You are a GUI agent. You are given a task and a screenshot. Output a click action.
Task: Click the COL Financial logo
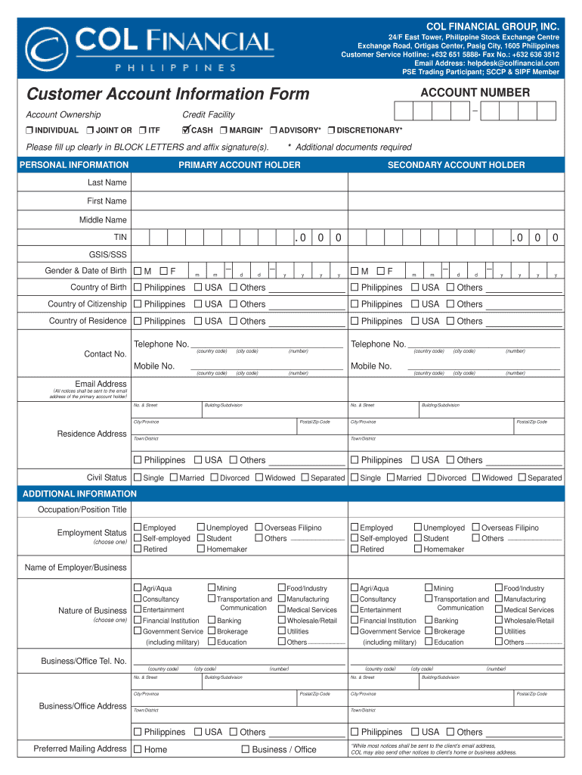pos(149,47)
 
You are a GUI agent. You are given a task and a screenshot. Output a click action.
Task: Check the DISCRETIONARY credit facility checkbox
pos(332,130)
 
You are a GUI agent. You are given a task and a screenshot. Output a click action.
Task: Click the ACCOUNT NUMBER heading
pos(475,93)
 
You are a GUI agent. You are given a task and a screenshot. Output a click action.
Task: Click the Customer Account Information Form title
pos(168,94)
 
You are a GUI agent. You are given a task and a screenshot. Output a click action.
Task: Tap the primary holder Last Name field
pos(239,183)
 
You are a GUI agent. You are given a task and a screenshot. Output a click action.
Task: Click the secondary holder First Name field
pos(456,201)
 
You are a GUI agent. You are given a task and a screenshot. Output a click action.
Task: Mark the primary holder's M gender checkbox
pos(138,271)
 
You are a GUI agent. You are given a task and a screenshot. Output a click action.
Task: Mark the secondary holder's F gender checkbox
pos(380,271)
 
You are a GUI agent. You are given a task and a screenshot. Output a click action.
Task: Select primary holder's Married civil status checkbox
pos(174,478)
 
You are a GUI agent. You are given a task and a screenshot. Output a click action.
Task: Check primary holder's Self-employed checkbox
pos(138,538)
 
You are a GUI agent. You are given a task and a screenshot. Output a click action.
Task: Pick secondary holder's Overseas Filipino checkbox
pos(475,527)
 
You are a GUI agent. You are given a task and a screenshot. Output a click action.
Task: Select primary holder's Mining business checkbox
pos(212,587)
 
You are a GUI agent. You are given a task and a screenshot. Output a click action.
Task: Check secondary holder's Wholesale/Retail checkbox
pos(499,620)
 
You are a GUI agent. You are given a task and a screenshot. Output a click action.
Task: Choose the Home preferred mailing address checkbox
pos(138,749)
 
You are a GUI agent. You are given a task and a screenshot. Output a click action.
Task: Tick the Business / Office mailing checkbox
pos(246,749)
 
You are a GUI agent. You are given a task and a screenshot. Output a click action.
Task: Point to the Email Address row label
pos(101,384)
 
